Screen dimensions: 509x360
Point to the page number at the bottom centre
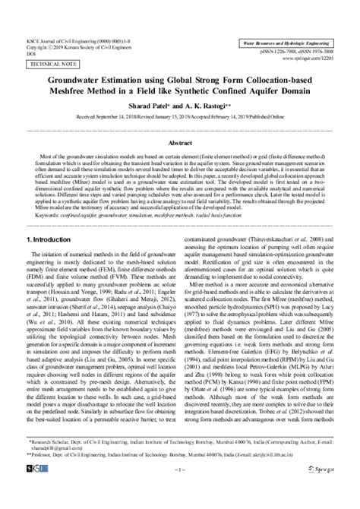click(180, 492)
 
